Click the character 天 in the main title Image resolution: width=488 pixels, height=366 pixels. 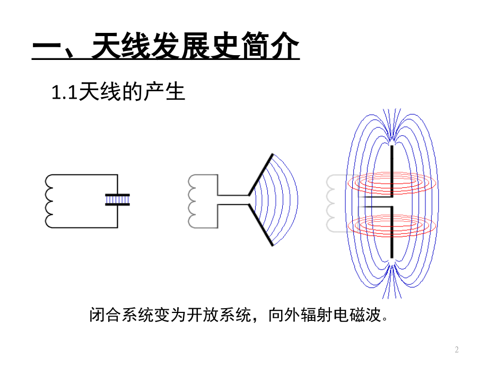[106, 46]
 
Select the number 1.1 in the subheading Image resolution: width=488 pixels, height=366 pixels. [64, 93]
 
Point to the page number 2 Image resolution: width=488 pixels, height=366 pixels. [457, 350]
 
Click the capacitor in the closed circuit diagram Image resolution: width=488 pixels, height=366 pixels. [117, 200]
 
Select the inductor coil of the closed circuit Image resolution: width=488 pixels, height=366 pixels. [49, 201]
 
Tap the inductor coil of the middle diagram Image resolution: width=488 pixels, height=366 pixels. [191, 201]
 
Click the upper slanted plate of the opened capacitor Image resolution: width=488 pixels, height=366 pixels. [261, 175]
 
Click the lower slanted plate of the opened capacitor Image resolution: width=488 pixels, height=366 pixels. [261, 225]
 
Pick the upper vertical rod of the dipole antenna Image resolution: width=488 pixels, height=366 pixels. [392, 171]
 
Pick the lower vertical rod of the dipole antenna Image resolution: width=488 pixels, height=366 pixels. [392, 232]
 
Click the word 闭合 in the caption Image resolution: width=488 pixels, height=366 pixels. [106, 315]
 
